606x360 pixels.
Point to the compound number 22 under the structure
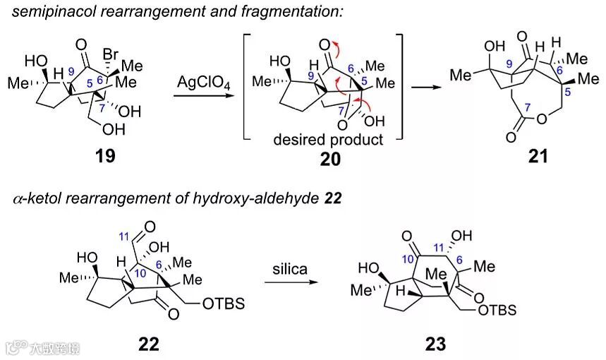(x=149, y=344)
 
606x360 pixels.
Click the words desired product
(x=329, y=140)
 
